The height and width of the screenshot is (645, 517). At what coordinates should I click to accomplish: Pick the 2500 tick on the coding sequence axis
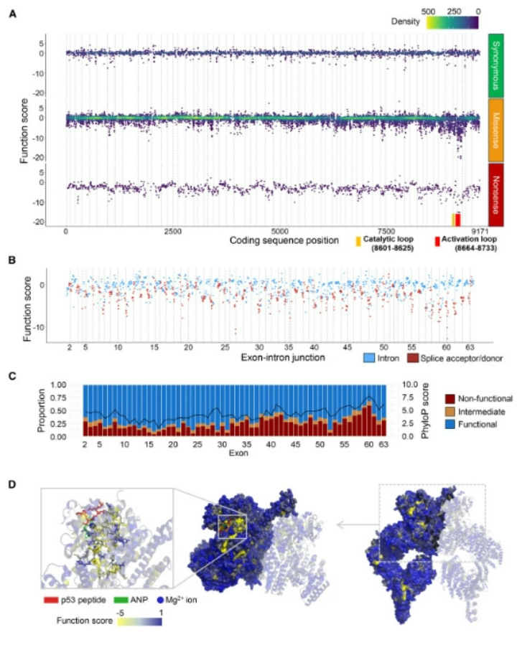click(x=172, y=231)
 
